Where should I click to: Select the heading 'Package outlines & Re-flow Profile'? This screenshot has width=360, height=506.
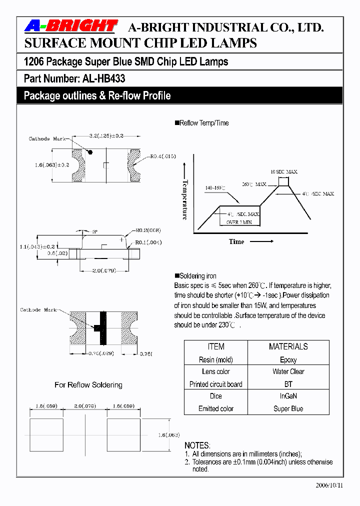point(97,95)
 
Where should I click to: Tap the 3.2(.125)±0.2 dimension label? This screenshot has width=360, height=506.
point(106,136)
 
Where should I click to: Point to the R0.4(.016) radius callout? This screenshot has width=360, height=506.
point(163,156)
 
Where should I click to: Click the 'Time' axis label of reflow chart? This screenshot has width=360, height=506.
point(236,241)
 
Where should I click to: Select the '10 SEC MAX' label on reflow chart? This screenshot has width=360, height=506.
point(283,171)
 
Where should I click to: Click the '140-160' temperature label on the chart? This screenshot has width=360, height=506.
point(215,188)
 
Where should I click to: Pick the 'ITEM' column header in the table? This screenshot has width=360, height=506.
point(216,346)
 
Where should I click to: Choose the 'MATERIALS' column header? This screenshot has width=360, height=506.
point(288,346)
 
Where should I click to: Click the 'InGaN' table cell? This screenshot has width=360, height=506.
point(288,396)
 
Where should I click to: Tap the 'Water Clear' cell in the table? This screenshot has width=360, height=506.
point(288,371)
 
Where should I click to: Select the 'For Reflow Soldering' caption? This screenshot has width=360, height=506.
point(88,385)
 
